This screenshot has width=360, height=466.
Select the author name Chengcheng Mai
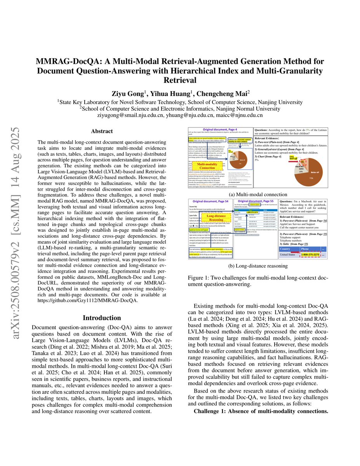point(223,93)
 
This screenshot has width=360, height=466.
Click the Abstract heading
point(102,132)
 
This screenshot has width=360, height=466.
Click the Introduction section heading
point(102,318)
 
